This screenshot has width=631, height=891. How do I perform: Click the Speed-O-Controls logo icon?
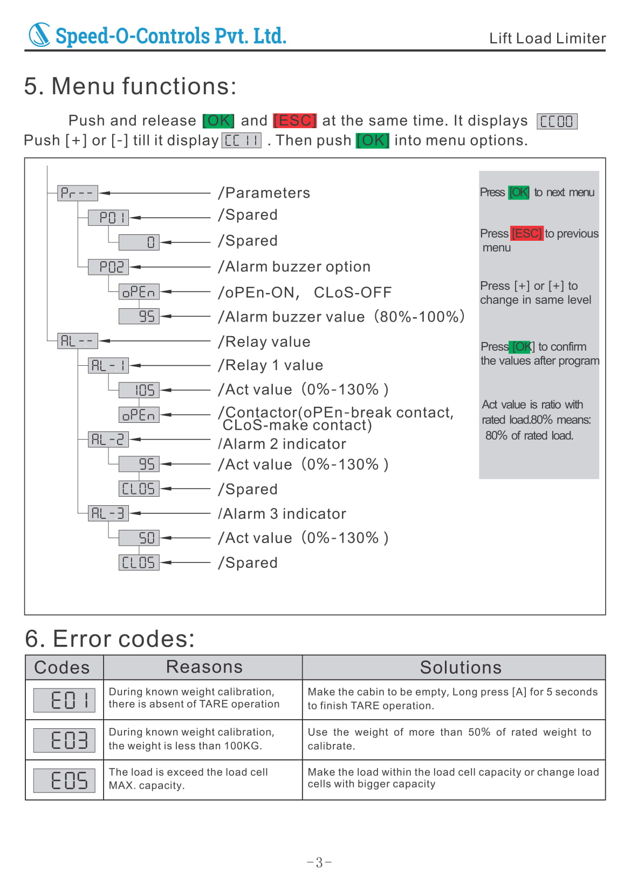coord(39,34)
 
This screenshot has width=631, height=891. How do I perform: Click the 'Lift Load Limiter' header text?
coord(547,38)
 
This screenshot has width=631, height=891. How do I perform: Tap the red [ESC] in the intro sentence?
coord(294,120)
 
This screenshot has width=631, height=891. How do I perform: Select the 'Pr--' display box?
coord(77,193)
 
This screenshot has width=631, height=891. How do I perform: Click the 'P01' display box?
coord(108,218)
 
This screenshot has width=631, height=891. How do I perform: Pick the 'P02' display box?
coord(108,267)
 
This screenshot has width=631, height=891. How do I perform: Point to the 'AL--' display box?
coord(77,340)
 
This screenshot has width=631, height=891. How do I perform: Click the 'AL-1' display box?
coord(108,366)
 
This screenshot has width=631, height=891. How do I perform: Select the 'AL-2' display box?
coord(108,440)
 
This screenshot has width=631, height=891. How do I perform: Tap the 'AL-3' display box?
coord(108,513)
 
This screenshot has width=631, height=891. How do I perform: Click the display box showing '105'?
coord(139,390)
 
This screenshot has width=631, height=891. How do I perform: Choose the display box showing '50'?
coord(139,538)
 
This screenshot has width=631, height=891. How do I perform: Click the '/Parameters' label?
coord(264,193)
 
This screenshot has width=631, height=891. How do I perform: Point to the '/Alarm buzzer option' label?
coord(294,267)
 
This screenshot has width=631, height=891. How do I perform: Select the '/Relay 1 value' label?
coord(270,365)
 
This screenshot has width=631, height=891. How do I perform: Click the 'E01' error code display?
coord(64,700)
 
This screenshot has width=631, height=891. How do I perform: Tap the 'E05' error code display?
coord(64,780)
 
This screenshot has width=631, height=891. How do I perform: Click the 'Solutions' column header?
coord(460,667)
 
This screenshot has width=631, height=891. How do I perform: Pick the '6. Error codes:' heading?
coord(109,639)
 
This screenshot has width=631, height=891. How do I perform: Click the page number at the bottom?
coord(319,862)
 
